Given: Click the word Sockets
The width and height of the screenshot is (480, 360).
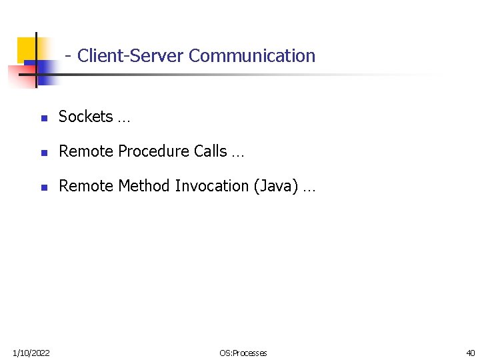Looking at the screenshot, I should (86, 117).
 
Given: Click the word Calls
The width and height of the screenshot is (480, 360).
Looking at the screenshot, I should (211, 151).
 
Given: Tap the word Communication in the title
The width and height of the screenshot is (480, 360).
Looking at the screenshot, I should (252, 56).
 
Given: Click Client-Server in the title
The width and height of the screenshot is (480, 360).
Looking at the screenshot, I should (131, 56).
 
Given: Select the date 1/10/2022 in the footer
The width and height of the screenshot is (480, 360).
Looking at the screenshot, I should (31, 352).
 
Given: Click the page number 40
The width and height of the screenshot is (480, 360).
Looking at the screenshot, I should (471, 352).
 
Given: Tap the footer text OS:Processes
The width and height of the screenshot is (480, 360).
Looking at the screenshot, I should (243, 353).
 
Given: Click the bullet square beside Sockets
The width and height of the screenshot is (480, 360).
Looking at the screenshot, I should (43, 119).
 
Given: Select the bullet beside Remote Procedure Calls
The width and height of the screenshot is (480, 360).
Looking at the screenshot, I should (43, 153).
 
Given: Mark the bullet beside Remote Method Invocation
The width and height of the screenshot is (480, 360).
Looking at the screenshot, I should (43, 188).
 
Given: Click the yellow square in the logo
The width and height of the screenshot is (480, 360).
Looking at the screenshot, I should (25, 47).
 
